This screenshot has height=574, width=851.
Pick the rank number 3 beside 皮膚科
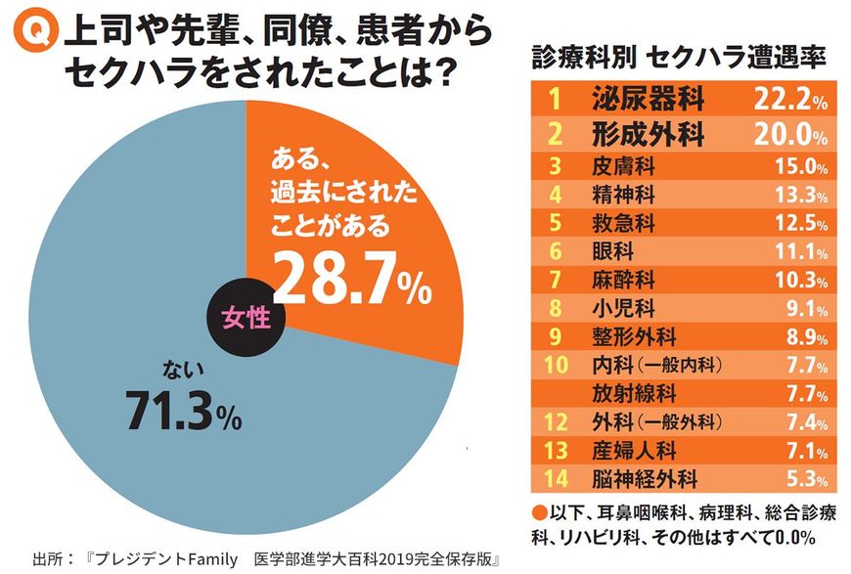click(x=554, y=165)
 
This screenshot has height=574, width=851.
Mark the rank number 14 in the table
click(x=554, y=480)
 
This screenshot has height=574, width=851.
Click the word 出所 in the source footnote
click(x=48, y=560)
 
